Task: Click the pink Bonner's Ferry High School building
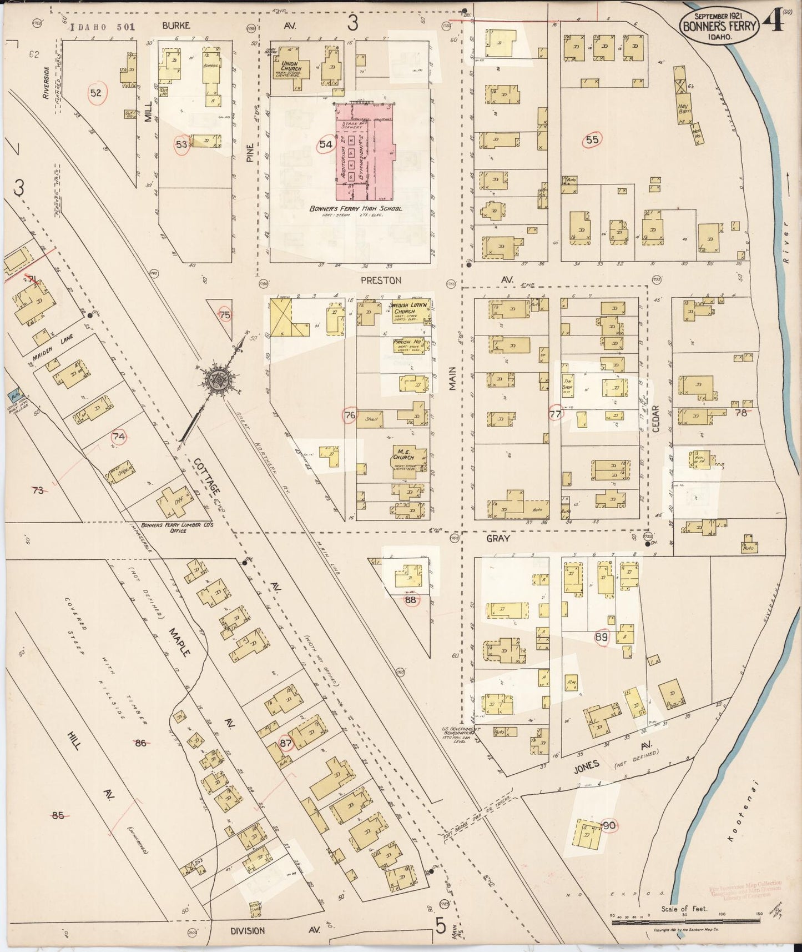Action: [364, 153]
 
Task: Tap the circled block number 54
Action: [326, 144]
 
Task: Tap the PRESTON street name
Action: [380, 280]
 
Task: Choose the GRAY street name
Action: [498, 538]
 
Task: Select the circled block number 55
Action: [592, 139]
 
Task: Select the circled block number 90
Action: [609, 825]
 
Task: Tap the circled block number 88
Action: [411, 600]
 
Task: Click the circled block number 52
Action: [96, 93]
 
